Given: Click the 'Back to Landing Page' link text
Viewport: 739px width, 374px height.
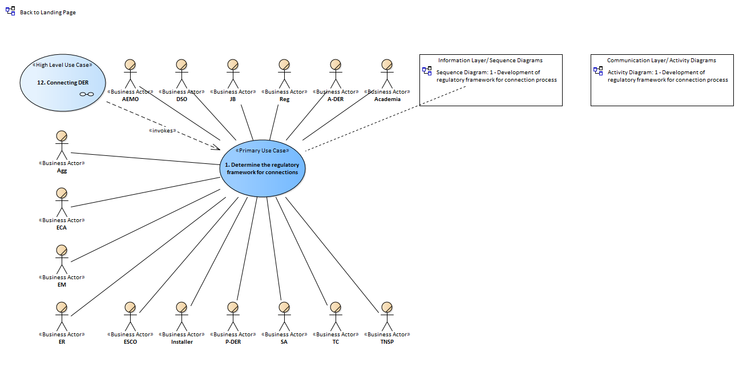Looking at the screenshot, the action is (48, 12).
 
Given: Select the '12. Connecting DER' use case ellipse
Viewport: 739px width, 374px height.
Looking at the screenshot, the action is (63, 83).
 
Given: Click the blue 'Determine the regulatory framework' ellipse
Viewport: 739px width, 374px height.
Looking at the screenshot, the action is (263, 168).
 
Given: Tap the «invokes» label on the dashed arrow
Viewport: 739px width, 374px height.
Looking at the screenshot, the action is (162, 131).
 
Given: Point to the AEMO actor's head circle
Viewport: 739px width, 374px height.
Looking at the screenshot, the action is (130, 65).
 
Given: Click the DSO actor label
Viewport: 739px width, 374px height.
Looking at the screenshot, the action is (182, 99).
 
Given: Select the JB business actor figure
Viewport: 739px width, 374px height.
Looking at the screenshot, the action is (233, 74).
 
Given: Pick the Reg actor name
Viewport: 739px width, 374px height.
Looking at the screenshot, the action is (284, 99).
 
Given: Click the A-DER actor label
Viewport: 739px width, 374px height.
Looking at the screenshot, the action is (336, 99).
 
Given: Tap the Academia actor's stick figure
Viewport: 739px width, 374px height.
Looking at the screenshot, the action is (387, 74).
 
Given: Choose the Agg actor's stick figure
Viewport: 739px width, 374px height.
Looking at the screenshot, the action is (62, 145).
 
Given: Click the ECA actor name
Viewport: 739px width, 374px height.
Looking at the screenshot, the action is (62, 227).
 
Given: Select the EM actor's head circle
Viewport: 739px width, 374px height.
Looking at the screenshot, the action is (62, 250).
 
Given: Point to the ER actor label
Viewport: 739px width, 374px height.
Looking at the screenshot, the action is (62, 341).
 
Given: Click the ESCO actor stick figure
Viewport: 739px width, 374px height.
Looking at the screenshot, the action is (130, 316).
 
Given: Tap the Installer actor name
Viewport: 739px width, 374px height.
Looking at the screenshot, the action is (182, 341).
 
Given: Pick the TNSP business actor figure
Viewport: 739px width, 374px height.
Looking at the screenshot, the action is (387, 316).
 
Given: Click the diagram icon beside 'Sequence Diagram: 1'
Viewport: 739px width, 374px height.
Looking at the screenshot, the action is (427, 71).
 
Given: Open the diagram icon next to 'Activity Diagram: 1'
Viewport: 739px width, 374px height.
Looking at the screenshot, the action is (598, 71).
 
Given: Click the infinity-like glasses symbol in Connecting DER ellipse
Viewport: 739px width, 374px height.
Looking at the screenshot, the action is (87, 94).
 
